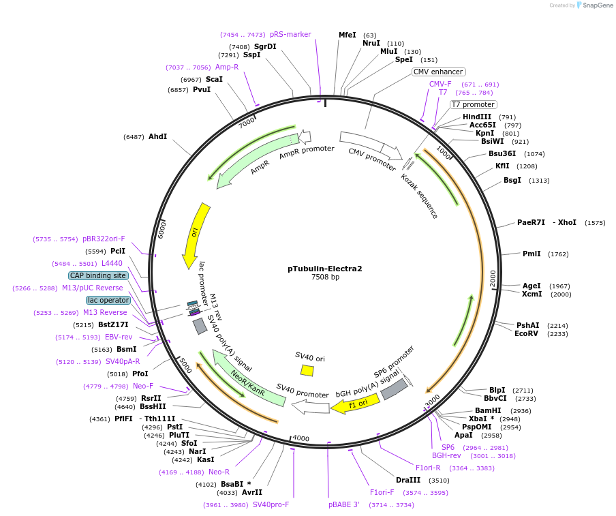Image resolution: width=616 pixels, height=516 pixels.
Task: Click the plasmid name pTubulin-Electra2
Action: tap(324, 268)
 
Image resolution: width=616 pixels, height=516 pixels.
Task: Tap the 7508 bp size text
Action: tap(324, 277)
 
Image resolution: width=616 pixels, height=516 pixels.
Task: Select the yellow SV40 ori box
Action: tap(307, 370)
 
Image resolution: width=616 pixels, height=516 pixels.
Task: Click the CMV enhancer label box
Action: tap(438, 72)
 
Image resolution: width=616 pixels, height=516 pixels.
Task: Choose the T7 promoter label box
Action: tap(473, 104)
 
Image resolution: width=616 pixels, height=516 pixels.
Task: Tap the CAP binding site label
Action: tap(97, 275)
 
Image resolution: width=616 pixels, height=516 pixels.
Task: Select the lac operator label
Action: tap(108, 300)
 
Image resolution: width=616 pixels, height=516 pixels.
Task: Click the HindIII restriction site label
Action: tap(476, 117)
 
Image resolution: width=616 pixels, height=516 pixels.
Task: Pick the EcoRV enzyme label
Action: tap(527, 333)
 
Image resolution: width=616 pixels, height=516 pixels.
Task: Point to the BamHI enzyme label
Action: tap(488, 410)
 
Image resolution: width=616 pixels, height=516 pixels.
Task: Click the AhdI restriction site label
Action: tap(157, 136)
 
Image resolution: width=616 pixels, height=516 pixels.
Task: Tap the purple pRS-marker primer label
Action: tap(290, 34)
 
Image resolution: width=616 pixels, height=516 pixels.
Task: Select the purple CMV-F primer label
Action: tap(440, 84)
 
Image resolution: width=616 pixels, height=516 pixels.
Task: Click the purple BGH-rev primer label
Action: tap(446, 455)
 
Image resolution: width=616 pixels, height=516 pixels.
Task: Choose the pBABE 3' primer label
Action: tap(344, 504)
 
